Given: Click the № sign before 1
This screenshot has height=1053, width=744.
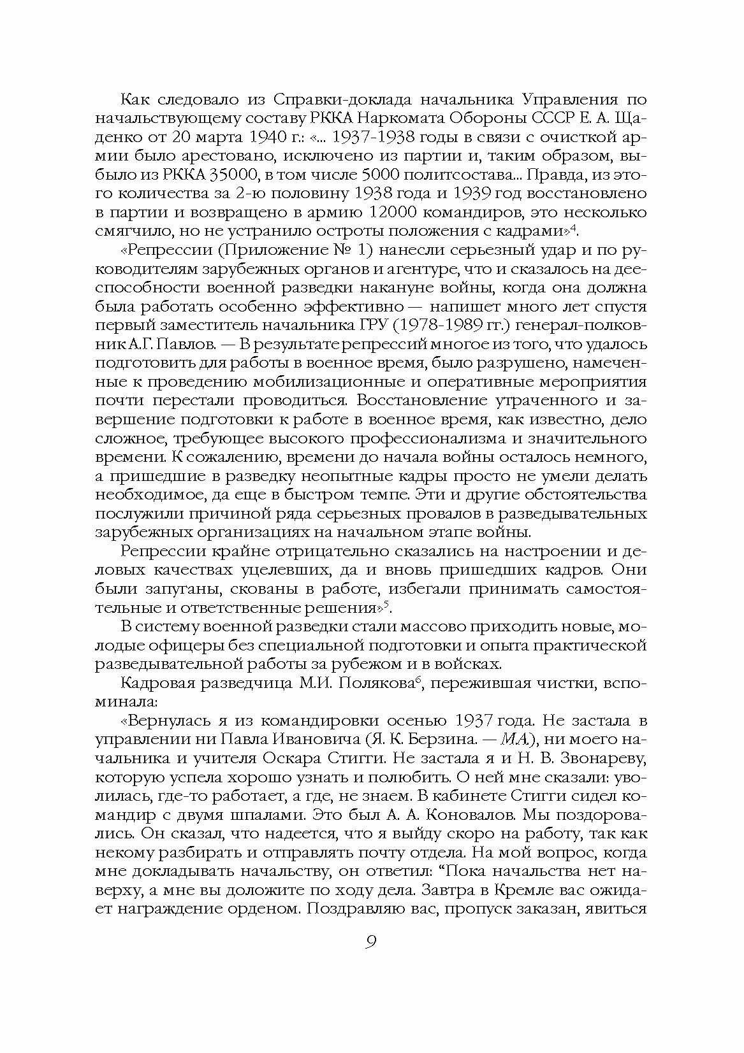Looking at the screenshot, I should point(338,250).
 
